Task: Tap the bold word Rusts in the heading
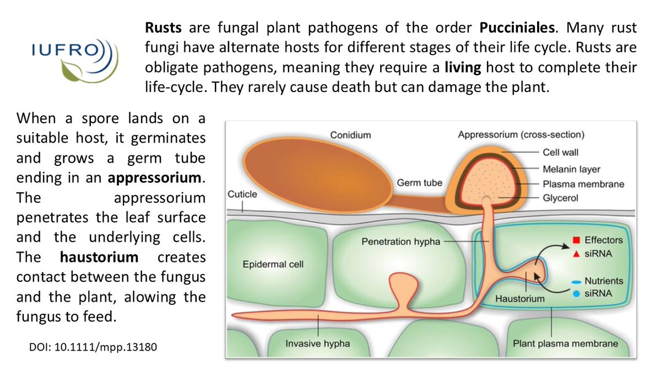(161, 27)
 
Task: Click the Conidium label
(350, 134)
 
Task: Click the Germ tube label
(420, 182)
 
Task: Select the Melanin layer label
(571, 169)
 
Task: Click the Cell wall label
(561, 153)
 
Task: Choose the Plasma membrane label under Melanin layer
(583, 184)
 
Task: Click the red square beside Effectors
(576, 240)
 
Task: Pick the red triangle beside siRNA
(576, 254)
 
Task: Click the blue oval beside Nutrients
(576, 281)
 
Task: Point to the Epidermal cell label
(273, 265)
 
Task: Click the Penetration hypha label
(393, 241)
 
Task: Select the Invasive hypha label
(317, 343)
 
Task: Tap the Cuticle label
(242, 194)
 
